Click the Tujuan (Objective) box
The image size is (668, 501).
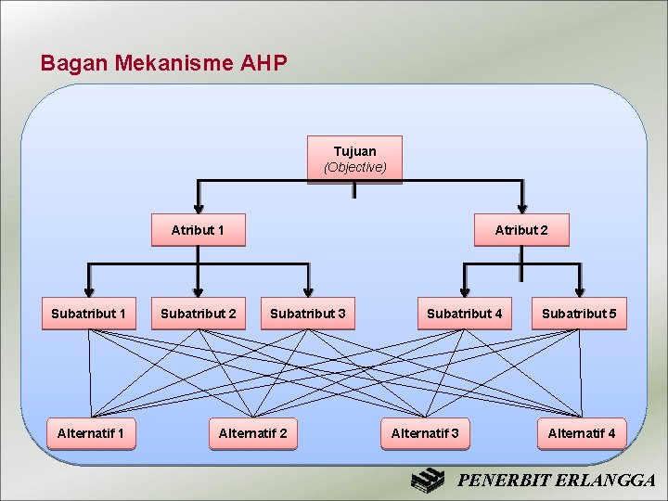point(354,159)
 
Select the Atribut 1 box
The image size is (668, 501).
point(198,230)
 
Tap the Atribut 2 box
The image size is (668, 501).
point(520,230)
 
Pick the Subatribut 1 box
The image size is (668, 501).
point(88,314)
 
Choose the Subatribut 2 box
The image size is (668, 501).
point(198,314)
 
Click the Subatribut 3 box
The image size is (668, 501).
point(307,314)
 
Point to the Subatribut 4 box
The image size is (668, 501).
point(464,314)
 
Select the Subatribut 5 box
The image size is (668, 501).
point(579,314)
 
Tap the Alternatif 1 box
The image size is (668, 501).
point(91,433)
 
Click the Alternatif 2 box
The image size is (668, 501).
point(252,433)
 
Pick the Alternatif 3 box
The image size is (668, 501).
point(425,433)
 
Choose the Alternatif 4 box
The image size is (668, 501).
point(582,433)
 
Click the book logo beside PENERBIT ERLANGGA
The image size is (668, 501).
point(430,481)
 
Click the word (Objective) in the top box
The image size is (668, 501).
point(354,167)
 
